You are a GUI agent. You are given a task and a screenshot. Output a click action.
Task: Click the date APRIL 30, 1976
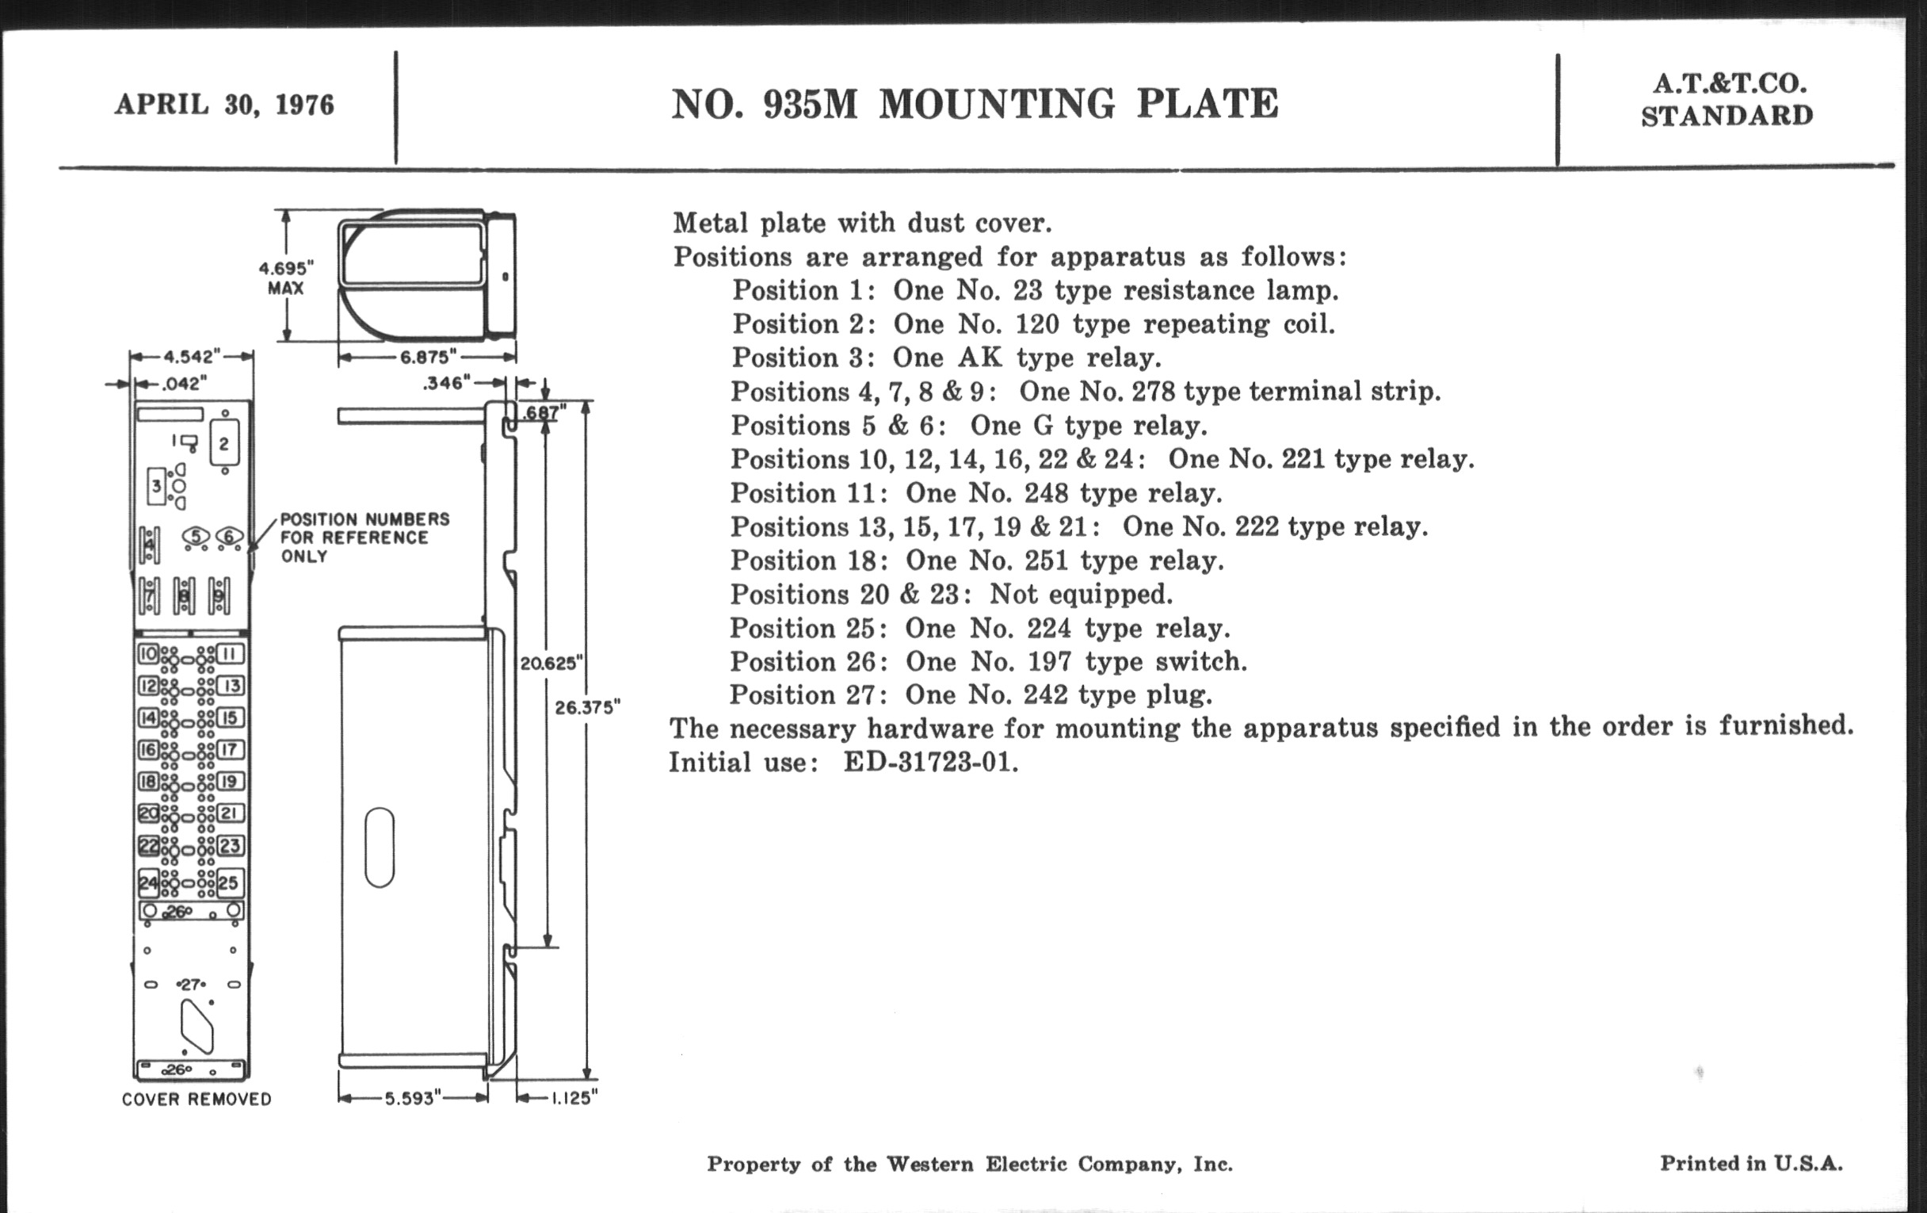coord(224,105)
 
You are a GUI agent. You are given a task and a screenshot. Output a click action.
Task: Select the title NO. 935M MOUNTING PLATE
coord(974,104)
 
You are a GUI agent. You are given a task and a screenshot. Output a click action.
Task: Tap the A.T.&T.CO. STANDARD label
coord(1727,100)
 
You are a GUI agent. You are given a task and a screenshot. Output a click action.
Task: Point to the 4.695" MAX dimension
coord(286,277)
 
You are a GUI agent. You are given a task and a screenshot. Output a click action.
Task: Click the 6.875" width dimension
coord(427,356)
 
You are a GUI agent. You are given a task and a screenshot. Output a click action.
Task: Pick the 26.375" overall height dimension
coord(587,707)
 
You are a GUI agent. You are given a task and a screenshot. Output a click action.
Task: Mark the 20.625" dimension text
coord(551,663)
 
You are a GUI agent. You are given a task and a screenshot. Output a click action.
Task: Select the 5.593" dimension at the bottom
coord(413,1098)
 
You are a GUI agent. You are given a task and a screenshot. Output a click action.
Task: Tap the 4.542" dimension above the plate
coord(192,356)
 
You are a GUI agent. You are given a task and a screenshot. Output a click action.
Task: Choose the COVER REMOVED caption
coord(196,1100)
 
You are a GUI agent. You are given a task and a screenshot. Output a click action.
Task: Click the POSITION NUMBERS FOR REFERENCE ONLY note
coord(364,538)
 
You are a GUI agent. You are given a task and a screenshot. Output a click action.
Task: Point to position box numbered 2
coord(224,443)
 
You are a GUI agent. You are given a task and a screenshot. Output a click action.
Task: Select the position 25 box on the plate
coord(229,882)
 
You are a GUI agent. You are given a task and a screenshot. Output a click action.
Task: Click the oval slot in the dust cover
coord(380,847)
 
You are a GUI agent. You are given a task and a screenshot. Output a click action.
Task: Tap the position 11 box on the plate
coord(229,653)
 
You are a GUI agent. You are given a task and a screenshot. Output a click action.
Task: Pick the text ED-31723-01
coord(931,762)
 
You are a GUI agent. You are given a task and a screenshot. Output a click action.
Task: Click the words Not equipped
coord(1080,594)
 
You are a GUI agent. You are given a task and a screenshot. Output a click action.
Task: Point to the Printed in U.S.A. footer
coord(1751,1163)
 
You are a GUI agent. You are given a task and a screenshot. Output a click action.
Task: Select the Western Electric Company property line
coord(969,1164)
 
